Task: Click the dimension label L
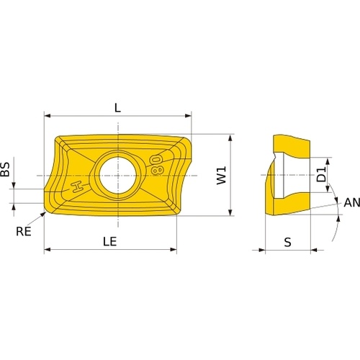(117, 108)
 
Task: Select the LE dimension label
(110, 241)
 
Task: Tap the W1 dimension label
(221, 176)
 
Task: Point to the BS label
(5, 169)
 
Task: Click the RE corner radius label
(24, 231)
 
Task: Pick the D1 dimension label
(321, 174)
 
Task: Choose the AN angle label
(352, 202)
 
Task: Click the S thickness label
(287, 242)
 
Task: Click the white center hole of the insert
(117, 175)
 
